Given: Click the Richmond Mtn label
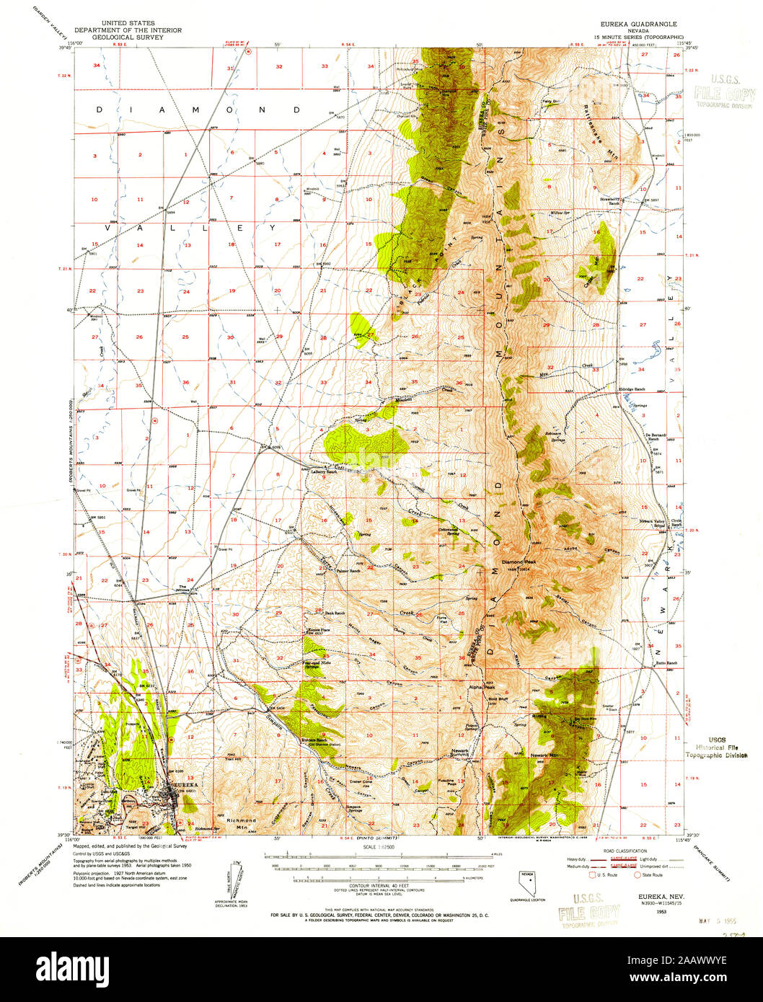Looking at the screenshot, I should pyautogui.click(x=241, y=823).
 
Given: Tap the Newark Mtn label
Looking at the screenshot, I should pyautogui.click(x=544, y=754).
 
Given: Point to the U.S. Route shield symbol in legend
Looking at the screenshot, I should pyautogui.click(x=594, y=875).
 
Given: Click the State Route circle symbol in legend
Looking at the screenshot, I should pyautogui.click(x=637, y=875).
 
